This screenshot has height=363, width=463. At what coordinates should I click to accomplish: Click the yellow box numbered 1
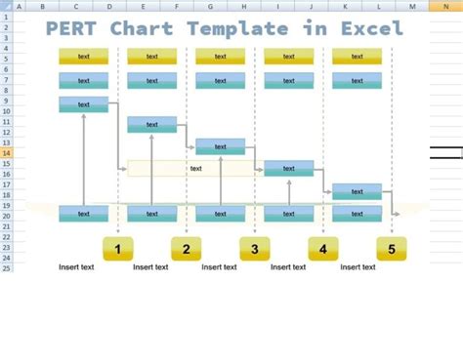(117, 249)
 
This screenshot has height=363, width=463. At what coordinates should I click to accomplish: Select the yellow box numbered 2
(186, 249)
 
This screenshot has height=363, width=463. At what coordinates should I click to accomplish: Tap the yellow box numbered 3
(254, 249)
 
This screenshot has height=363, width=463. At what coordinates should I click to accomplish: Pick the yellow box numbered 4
(323, 249)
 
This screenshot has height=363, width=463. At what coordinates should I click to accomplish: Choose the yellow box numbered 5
(392, 249)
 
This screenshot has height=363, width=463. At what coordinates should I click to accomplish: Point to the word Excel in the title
(371, 28)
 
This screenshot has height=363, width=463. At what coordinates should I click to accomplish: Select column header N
(446, 6)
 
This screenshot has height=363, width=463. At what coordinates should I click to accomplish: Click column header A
(16, 6)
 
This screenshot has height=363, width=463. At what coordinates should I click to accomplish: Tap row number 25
(6, 267)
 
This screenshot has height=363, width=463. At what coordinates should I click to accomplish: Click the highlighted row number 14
(6, 153)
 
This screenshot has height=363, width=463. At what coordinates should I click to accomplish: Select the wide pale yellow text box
(195, 169)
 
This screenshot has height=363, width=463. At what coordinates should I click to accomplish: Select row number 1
(6, 17)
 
